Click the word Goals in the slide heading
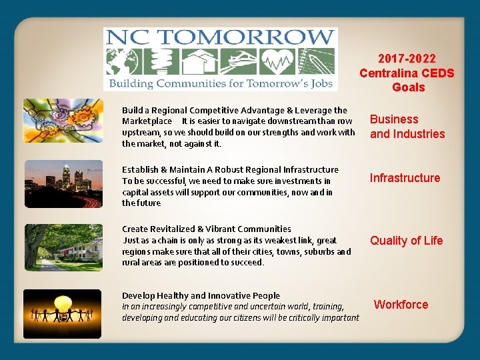[x=408, y=87]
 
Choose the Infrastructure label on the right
[x=405, y=178]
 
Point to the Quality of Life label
[x=406, y=241]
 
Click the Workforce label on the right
[x=401, y=305]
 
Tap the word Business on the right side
[x=394, y=119]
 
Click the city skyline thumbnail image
[x=63, y=185]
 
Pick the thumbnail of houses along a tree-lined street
[x=63, y=247]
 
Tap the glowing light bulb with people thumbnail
[x=63, y=313]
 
